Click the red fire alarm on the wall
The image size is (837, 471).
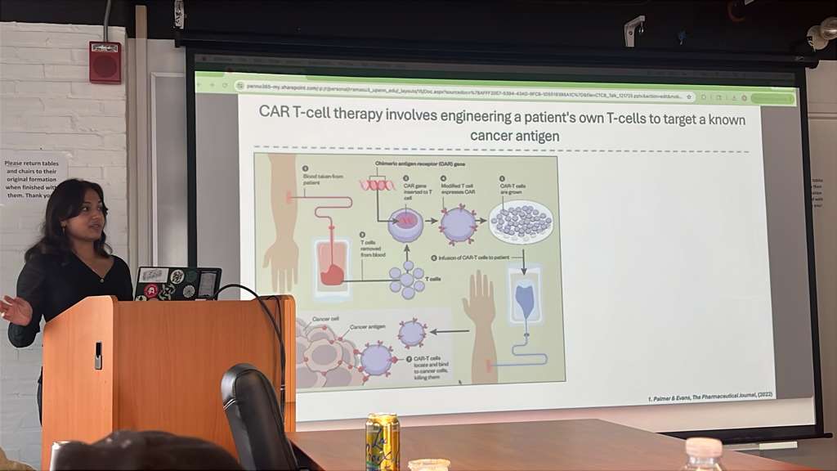[x=105, y=63]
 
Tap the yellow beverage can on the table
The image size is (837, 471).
[x=382, y=442]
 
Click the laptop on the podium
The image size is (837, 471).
[x=177, y=283]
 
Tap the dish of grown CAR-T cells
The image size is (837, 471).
[x=521, y=222]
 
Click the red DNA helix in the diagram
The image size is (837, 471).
[x=377, y=185]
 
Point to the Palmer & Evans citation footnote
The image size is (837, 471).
[x=707, y=394]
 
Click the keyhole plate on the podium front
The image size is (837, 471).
[x=98, y=355]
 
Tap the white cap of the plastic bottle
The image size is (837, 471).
[x=704, y=447]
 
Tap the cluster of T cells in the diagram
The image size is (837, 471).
[x=406, y=279]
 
